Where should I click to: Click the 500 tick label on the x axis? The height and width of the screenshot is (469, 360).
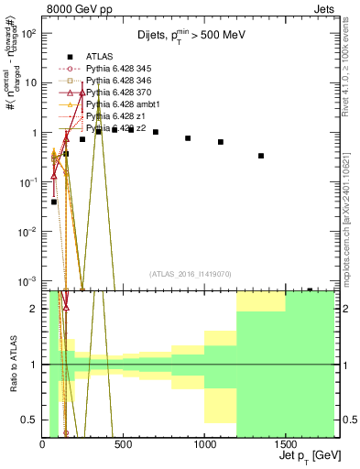(x=124, y=445)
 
